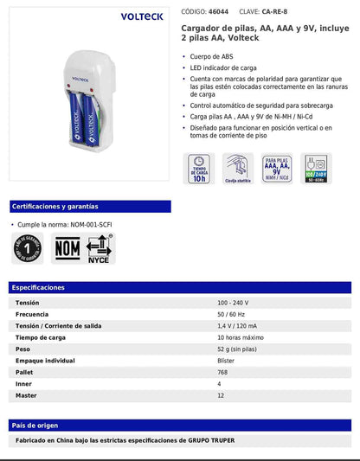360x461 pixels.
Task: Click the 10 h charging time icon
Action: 198,169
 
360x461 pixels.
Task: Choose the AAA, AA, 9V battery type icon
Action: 277,169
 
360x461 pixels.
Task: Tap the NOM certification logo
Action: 67,248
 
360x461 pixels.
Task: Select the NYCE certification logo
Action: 99,248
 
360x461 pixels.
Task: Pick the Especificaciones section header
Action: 39,287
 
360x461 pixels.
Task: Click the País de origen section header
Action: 35,425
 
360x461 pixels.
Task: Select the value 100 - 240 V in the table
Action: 235,303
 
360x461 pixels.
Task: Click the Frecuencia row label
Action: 31,314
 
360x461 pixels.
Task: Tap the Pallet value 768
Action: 223,372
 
